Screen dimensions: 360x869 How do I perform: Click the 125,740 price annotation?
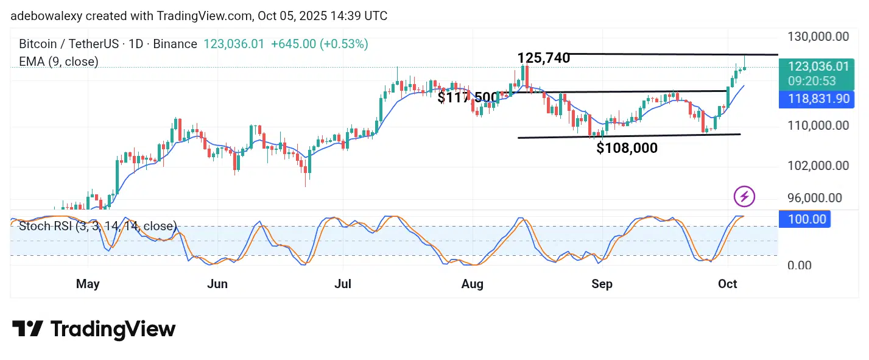(543, 58)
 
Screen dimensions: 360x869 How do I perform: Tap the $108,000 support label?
(627, 147)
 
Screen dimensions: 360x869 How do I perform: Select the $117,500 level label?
(467, 97)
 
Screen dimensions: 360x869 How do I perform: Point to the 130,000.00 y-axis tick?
(817, 37)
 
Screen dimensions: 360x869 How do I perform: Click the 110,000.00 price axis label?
(817, 125)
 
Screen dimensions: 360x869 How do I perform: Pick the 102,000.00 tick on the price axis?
(817, 166)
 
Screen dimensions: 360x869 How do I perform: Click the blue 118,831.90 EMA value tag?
(816, 99)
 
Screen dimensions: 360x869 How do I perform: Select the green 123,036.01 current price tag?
(816, 67)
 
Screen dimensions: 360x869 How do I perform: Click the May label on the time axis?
(88, 284)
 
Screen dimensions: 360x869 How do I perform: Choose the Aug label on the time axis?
(473, 284)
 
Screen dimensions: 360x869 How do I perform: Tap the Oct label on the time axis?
(728, 284)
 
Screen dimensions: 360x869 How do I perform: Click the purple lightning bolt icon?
(744, 197)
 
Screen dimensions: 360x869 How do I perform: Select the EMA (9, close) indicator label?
(58, 62)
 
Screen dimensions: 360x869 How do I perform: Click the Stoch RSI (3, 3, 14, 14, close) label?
(97, 227)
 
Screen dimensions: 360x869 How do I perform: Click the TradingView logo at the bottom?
(94, 330)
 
